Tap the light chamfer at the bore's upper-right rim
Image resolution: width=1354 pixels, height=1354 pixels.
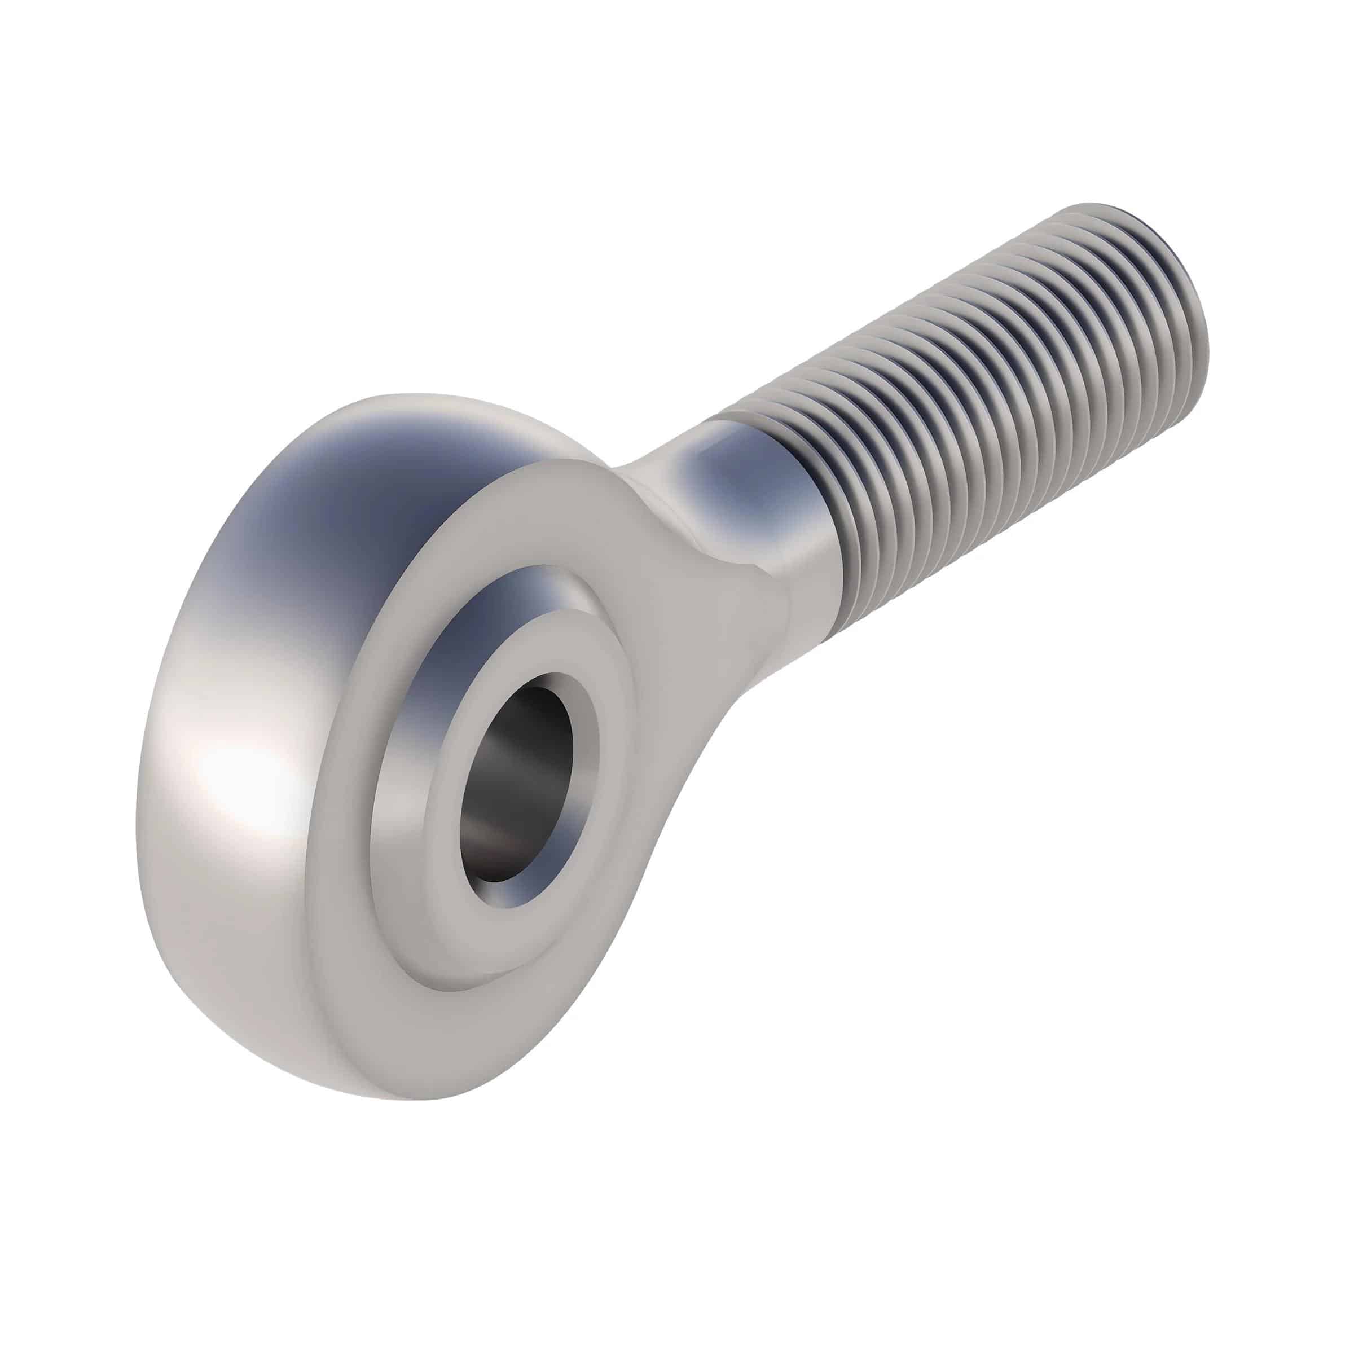pos(582,701)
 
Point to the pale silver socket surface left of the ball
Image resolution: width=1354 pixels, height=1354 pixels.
pos(399,806)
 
